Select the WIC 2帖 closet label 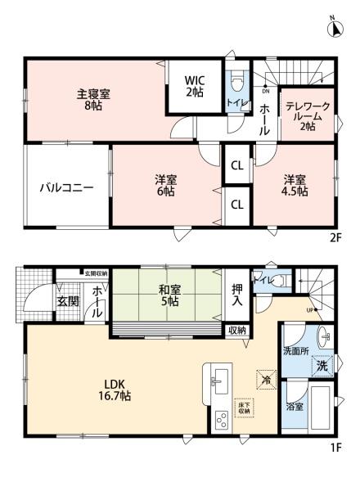[194, 86]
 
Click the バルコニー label [66, 187]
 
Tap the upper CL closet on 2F [236, 165]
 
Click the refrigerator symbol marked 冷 [264, 379]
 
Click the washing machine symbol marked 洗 [324, 367]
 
